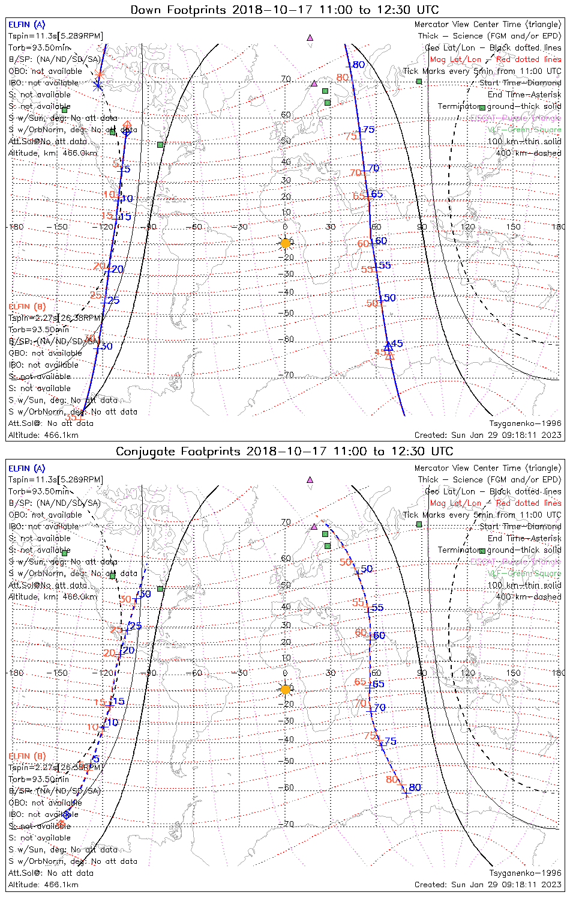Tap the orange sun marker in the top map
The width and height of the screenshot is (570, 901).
tap(286, 243)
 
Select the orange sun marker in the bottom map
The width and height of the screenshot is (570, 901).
tap(286, 689)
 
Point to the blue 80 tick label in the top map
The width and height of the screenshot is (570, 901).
tap(358, 65)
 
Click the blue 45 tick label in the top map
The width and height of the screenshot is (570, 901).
tap(397, 344)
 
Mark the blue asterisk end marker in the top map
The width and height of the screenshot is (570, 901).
tap(98, 85)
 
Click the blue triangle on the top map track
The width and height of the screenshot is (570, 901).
tap(388, 346)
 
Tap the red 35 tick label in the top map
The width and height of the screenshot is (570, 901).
tap(71, 417)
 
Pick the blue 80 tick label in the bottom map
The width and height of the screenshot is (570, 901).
tap(415, 787)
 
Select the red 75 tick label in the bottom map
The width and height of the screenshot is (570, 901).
tap(370, 736)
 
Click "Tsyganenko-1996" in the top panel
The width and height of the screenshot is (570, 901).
tap(525, 423)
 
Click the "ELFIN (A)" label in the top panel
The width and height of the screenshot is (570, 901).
tap(26, 25)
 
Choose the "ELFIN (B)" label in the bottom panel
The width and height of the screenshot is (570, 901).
tap(26, 756)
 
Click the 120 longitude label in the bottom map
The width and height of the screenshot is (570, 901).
tap(467, 673)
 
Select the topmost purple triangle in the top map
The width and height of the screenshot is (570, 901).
tap(310, 37)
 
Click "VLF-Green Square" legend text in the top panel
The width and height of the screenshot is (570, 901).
tap(524, 130)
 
